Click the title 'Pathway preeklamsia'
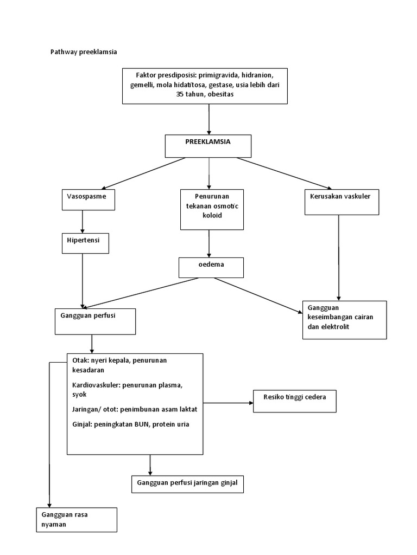point(83,52)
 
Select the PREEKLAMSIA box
point(208,146)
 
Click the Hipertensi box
point(85,243)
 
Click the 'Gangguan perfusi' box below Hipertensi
point(94,321)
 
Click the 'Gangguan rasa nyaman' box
point(76,519)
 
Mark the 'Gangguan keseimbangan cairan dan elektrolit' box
point(344,320)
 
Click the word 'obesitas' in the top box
point(220,94)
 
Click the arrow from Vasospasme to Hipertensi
point(83,221)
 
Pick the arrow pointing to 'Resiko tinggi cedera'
point(228,402)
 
